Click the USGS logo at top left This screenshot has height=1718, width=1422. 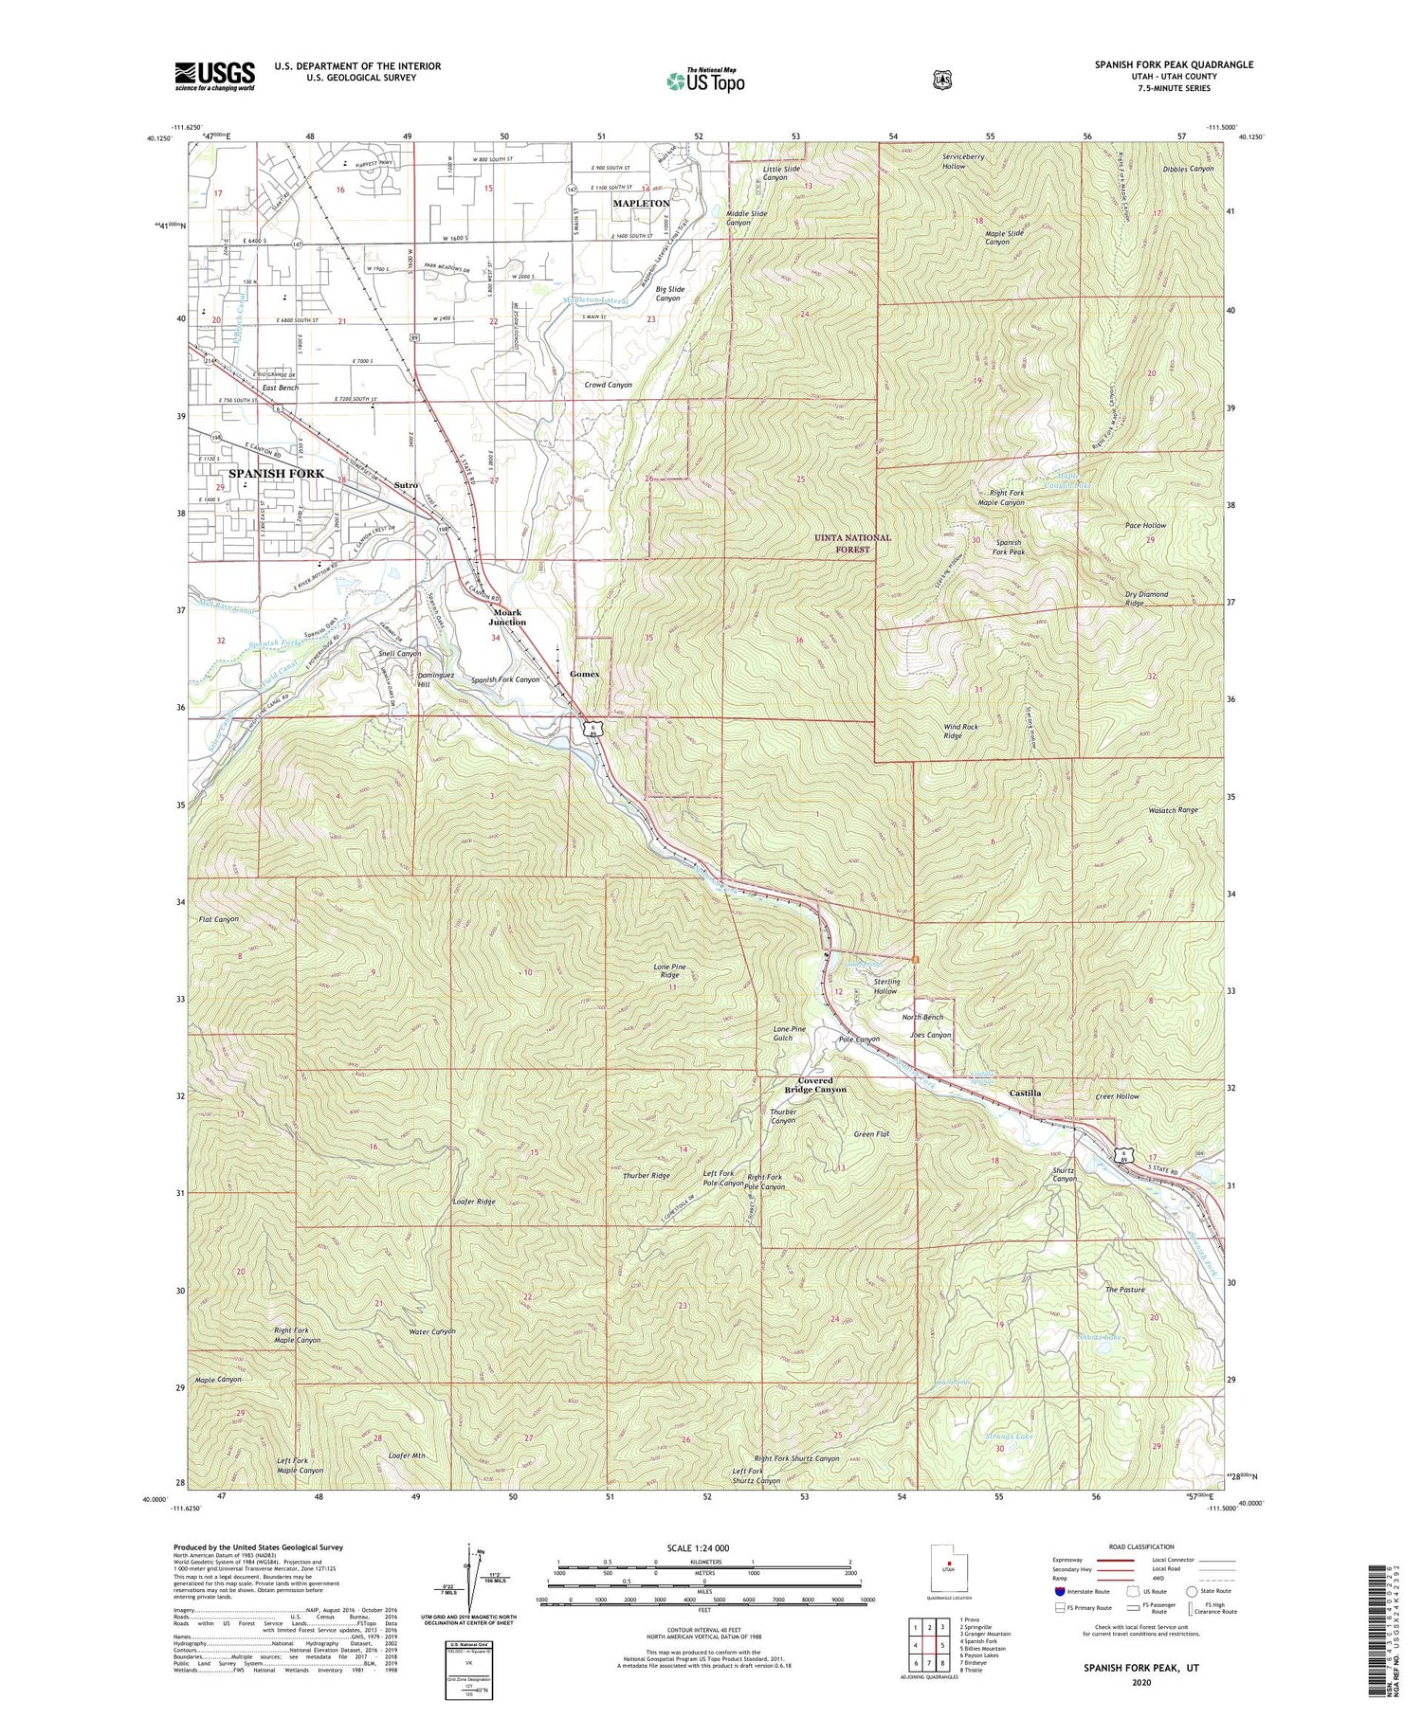[214, 76]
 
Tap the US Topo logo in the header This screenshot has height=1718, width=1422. [704, 80]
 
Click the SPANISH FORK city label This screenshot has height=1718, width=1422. [276, 473]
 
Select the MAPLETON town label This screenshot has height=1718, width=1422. [641, 203]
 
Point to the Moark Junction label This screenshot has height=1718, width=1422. [507, 617]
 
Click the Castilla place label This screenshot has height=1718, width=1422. [1025, 1093]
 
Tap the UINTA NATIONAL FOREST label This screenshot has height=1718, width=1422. [852, 543]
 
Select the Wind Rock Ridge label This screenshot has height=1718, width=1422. [960, 731]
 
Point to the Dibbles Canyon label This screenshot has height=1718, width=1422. [1188, 169]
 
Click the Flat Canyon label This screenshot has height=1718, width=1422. [219, 919]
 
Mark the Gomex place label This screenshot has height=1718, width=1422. [585, 674]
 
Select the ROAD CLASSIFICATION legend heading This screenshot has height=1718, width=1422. [1134, 1546]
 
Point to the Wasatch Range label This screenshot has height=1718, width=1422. [1173, 810]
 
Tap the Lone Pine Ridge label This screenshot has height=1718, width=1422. [669, 970]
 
